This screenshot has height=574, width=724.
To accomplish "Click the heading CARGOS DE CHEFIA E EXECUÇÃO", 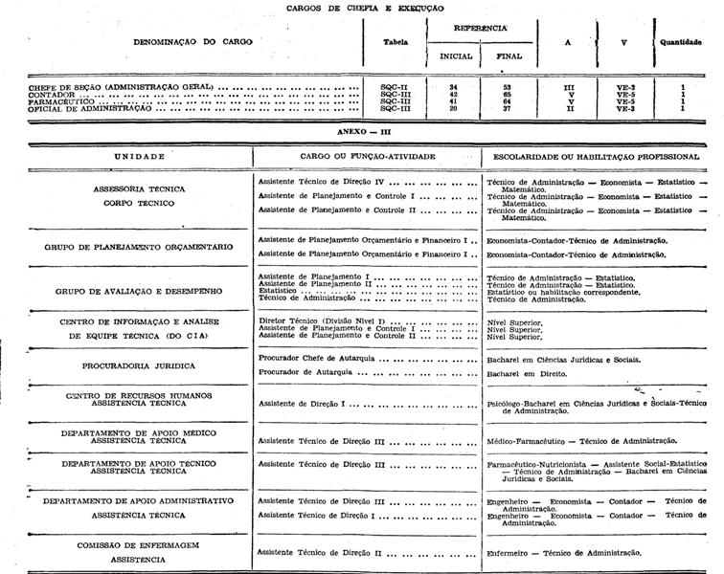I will point(365,8).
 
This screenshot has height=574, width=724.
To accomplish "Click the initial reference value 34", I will point(454,87).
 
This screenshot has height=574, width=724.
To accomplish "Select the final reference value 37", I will point(508,109).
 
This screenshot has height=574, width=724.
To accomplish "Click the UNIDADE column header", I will point(139,156).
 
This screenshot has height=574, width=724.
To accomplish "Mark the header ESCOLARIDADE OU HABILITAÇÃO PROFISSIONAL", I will point(597,156).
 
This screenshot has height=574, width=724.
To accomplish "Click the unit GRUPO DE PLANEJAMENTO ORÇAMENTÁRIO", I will point(139,247).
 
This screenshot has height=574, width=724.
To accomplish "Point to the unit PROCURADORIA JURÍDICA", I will point(140,365).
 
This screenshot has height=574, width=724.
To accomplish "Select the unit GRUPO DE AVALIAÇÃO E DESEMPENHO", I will point(139,290).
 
